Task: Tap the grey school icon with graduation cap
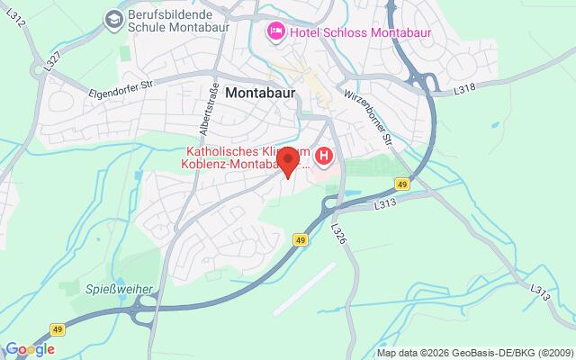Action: [113, 18]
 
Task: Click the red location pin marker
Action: [288, 162]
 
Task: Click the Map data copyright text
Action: [474, 352]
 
